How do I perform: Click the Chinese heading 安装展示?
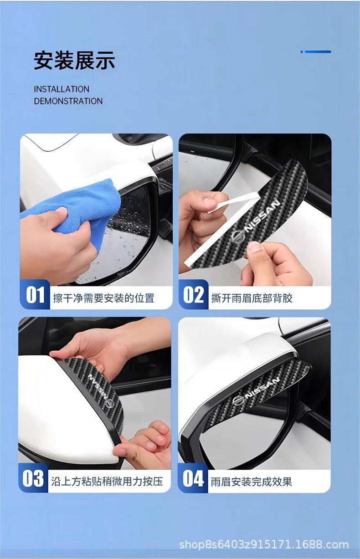(74, 60)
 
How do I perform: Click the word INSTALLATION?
(62, 89)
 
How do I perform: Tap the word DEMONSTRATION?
(68, 101)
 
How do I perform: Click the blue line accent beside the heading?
(316, 51)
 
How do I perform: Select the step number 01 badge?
(35, 295)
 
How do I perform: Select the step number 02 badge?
(193, 295)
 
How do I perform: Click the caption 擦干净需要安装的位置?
(103, 298)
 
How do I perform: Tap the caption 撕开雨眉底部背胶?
(252, 298)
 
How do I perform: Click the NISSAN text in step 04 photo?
(262, 389)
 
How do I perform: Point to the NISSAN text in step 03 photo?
(98, 387)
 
